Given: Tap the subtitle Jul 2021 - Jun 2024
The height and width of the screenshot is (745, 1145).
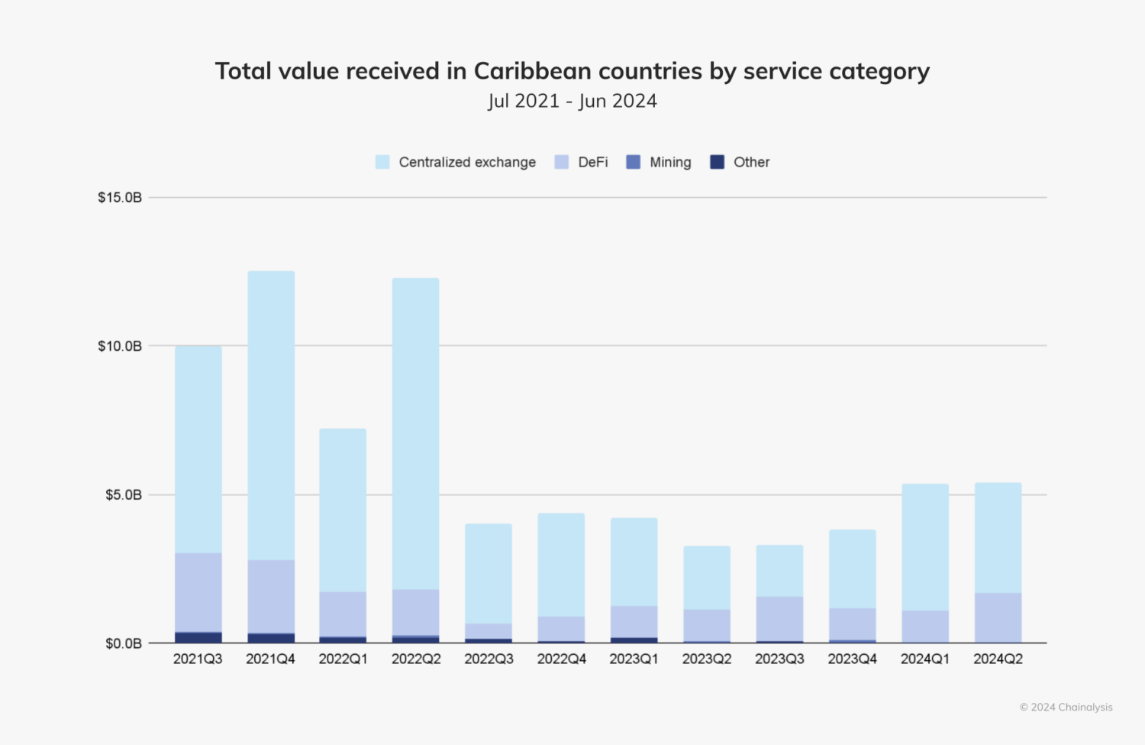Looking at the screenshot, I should (572, 101).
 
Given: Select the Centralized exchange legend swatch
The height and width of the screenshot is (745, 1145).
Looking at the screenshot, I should (382, 162).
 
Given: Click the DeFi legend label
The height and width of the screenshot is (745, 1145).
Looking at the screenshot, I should (592, 162).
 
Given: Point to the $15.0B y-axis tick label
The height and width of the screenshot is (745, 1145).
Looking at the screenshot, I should (120, 197).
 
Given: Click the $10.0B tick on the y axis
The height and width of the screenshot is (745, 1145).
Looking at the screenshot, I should (120, 346).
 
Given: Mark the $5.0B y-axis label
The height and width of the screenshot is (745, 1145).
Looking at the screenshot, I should (123, 495).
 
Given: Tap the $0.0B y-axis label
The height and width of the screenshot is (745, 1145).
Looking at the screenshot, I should (123, 643).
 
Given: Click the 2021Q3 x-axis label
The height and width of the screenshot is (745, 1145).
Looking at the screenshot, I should (198, 659).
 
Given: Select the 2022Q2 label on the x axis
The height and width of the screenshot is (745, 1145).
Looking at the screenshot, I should (416, 659).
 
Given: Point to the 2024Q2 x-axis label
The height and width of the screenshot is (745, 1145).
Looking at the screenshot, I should (998, 659).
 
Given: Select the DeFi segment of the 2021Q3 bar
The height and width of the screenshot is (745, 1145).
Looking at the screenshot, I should (198, 592).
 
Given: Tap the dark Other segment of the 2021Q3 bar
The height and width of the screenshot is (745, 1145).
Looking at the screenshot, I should (198, 637).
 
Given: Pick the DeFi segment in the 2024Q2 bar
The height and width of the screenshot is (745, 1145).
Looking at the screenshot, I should (998, 617).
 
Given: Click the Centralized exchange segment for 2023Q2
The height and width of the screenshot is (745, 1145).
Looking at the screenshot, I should (707, 578).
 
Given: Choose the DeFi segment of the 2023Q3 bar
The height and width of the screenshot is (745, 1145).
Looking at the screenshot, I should (779, 618).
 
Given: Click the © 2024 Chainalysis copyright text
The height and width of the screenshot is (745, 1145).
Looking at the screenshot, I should (1066, 707).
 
